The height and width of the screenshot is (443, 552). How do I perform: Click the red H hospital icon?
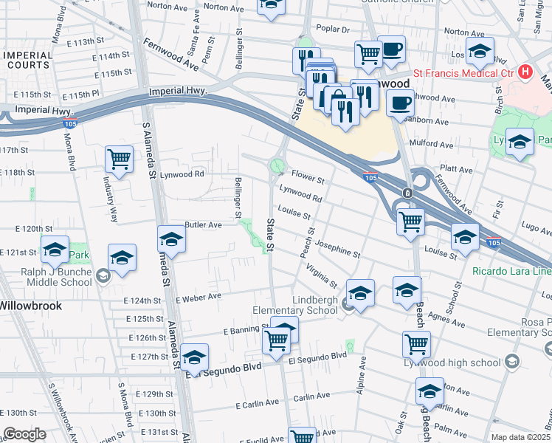point(525,72)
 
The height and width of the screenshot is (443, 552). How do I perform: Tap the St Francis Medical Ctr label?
point(464,72)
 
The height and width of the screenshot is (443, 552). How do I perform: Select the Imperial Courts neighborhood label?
point(27,61)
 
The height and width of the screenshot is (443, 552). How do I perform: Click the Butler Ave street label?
point(203,224)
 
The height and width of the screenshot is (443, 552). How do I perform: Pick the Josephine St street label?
point(337,248)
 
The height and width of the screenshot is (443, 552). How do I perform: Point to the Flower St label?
point(308,178)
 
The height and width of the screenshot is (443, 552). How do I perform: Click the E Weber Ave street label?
point(199,297)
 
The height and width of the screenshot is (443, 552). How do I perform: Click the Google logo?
point(24,434)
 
